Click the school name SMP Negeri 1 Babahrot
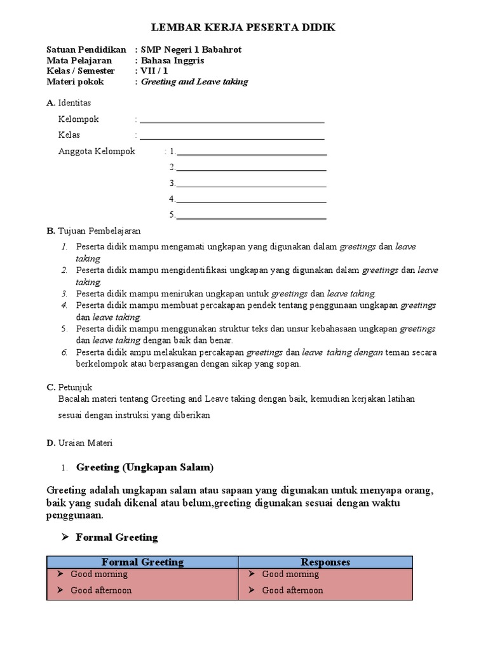(x=191, y=50)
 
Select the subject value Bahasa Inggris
(x=173, y=60)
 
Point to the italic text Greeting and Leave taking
(x=194, y=82)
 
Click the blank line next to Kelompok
(x=232, y=120)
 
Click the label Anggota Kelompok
(x=97, y=151)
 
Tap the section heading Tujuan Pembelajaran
(x=98, y=230)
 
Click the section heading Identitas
(x=74, y=103)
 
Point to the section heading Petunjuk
(x=75, y=387)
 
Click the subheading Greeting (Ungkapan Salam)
(x=145, y=468)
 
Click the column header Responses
(x=325, y=562)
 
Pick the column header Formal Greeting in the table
(x=143, y=562)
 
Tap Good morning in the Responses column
(x=290, y=574)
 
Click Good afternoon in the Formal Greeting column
(x=101, y=590)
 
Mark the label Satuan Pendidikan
(x=86, y=50)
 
